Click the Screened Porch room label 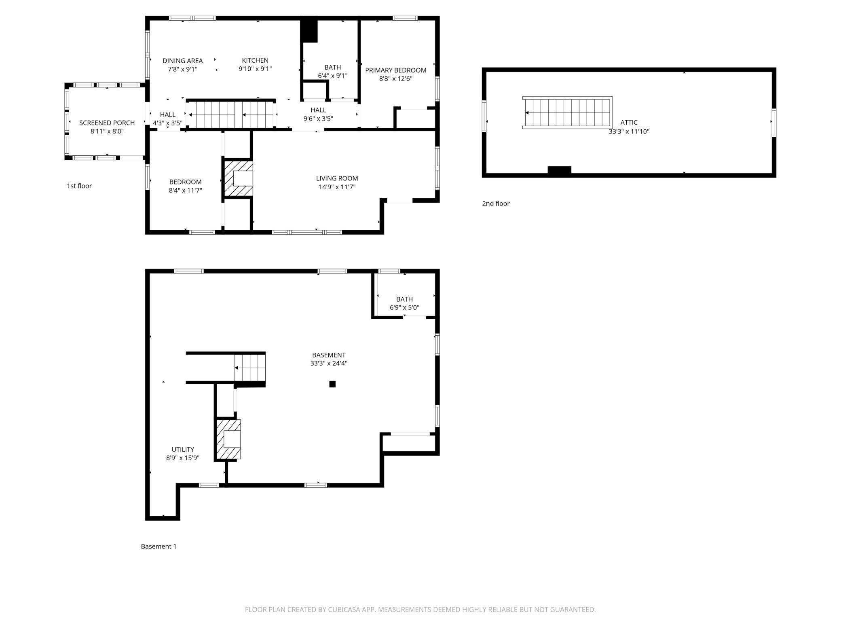(107, 123)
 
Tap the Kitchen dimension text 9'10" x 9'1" (255, 69)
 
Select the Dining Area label (183, 61)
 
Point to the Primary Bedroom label (396, 70)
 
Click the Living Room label (337, 178)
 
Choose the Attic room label (629, 122)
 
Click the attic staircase (567, 113)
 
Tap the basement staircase (250, 368)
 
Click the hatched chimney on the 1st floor (238, 179)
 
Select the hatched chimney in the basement (228, 439)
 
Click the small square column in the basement (332, 384)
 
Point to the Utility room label (183, 449)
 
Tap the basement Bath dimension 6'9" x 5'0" (404, 307)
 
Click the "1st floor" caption (79, 186)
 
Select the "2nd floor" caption (496, 203)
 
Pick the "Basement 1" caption (158, 546)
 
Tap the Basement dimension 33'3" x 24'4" (329, 363)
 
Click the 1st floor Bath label (332, 67)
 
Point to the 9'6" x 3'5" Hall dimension (318, 119)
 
